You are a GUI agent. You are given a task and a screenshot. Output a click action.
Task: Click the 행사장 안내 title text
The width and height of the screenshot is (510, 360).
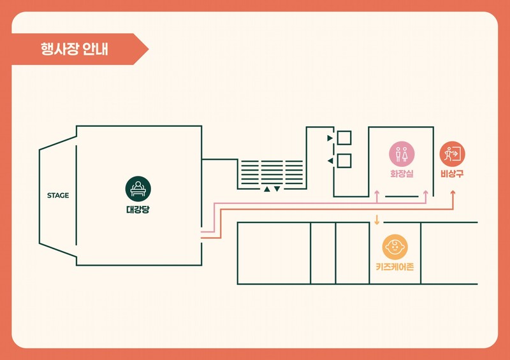(74, 49)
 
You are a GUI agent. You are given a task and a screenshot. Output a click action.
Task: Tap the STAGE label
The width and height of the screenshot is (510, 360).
(58, 196)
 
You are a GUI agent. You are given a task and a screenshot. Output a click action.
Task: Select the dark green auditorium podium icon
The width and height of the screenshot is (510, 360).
(138, 189)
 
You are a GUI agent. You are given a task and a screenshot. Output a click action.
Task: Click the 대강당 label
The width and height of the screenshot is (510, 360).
(138, 210)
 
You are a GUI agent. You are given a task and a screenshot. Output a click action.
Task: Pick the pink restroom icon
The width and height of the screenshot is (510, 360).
(402, 154)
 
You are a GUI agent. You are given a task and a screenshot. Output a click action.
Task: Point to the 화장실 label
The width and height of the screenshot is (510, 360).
(402, 174)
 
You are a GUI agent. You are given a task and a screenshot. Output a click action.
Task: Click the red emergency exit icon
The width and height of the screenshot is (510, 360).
(452, 154)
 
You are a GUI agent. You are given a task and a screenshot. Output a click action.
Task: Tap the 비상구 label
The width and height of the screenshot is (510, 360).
(452, 174)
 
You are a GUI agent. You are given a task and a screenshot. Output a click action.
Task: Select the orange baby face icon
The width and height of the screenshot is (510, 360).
(395, 247)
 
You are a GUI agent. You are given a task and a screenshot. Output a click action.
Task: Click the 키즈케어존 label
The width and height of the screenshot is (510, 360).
(395, 267)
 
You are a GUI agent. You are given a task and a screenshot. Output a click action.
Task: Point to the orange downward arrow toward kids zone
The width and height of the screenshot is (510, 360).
(377, 220)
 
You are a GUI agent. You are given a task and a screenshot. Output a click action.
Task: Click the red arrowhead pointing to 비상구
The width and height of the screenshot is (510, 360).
(453, 193)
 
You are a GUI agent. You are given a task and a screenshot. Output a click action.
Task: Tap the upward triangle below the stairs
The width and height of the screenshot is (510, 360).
(267, 189)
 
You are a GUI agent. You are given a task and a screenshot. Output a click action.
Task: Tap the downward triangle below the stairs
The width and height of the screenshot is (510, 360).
(277, 189)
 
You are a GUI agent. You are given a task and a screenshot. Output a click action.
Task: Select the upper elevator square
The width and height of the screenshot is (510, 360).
(344, 138)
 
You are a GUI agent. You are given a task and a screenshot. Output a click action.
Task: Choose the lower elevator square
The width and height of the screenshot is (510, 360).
(344, 161)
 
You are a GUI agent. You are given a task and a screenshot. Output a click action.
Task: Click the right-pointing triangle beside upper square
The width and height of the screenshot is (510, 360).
(330, 138)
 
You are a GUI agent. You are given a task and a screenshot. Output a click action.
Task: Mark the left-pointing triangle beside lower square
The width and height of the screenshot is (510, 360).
(330, 161)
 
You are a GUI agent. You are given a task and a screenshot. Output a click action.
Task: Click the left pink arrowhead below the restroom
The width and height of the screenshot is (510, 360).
(377, 193)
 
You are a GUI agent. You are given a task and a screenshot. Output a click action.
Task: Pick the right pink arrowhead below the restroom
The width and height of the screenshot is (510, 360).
(425, 193)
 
